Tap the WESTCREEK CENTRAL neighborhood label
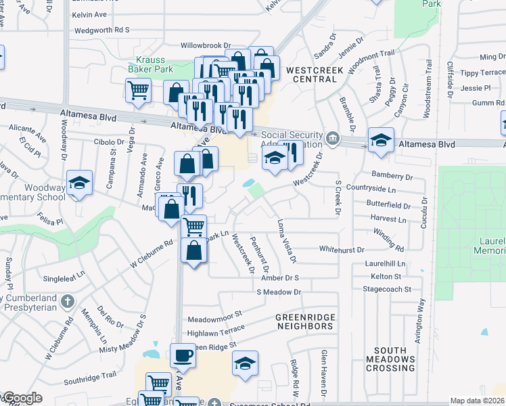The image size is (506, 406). pos(311,74)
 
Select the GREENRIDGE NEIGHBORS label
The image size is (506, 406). pos(304,321)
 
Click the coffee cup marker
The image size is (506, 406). pos(182,355)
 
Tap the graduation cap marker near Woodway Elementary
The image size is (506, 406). pos(80,183)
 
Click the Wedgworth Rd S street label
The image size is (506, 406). pos(101,30)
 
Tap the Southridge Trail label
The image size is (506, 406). pos(90,376)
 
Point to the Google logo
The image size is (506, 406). pos(22,399)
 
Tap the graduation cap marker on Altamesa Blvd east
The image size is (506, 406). pos(381,141)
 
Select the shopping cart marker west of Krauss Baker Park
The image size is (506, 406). pos(138,90)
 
